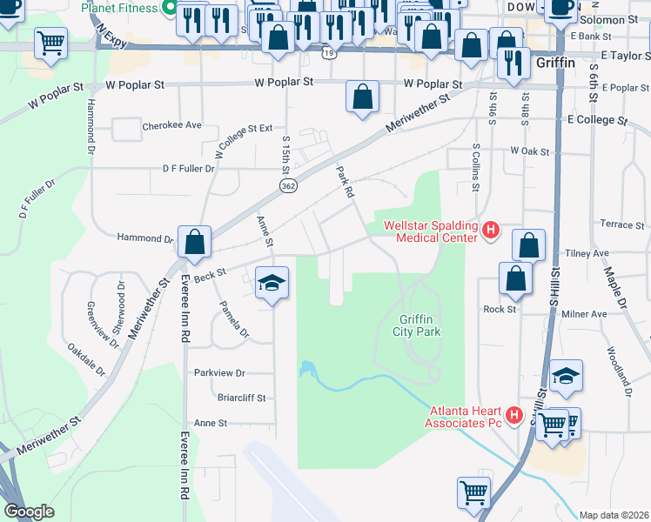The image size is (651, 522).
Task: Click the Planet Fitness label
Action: point(119,8)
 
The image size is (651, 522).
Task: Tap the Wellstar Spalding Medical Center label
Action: point(432,231)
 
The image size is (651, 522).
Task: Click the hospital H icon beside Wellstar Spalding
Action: point(491,231)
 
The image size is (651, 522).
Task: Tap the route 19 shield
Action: point(327,53)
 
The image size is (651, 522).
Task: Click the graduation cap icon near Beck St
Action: point(272,282)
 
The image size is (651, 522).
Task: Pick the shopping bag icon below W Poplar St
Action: point(362,96)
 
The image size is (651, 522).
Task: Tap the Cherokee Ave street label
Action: point(171,125)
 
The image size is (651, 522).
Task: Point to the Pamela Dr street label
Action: point(234,319)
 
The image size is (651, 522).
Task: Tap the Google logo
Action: point(29,512)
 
